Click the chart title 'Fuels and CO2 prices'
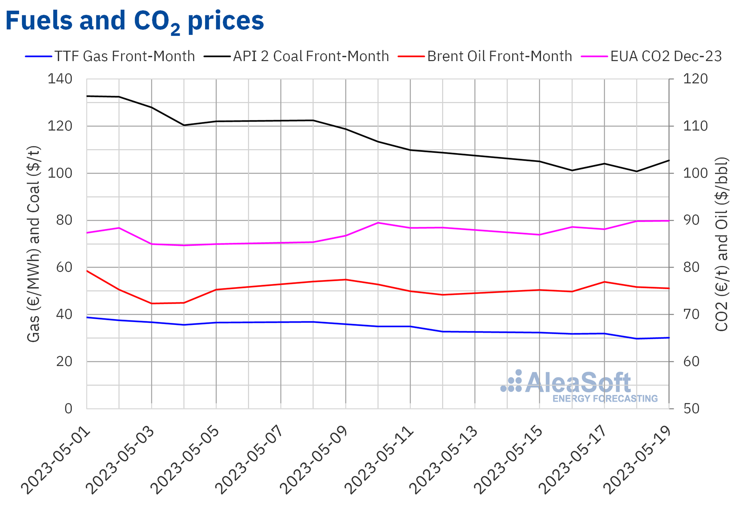pos(134,21)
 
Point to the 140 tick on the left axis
pos(59,79)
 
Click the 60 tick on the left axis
pos(64,267)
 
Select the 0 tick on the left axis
pos(68,408)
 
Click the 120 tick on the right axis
pos(695,79)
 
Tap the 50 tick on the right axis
pos(691,408)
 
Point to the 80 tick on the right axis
pos(691,267)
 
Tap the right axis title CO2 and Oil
pos(722,244)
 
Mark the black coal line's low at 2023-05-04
pos(184,125)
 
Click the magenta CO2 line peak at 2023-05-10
pos(378,223)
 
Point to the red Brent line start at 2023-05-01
pos(87,271)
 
